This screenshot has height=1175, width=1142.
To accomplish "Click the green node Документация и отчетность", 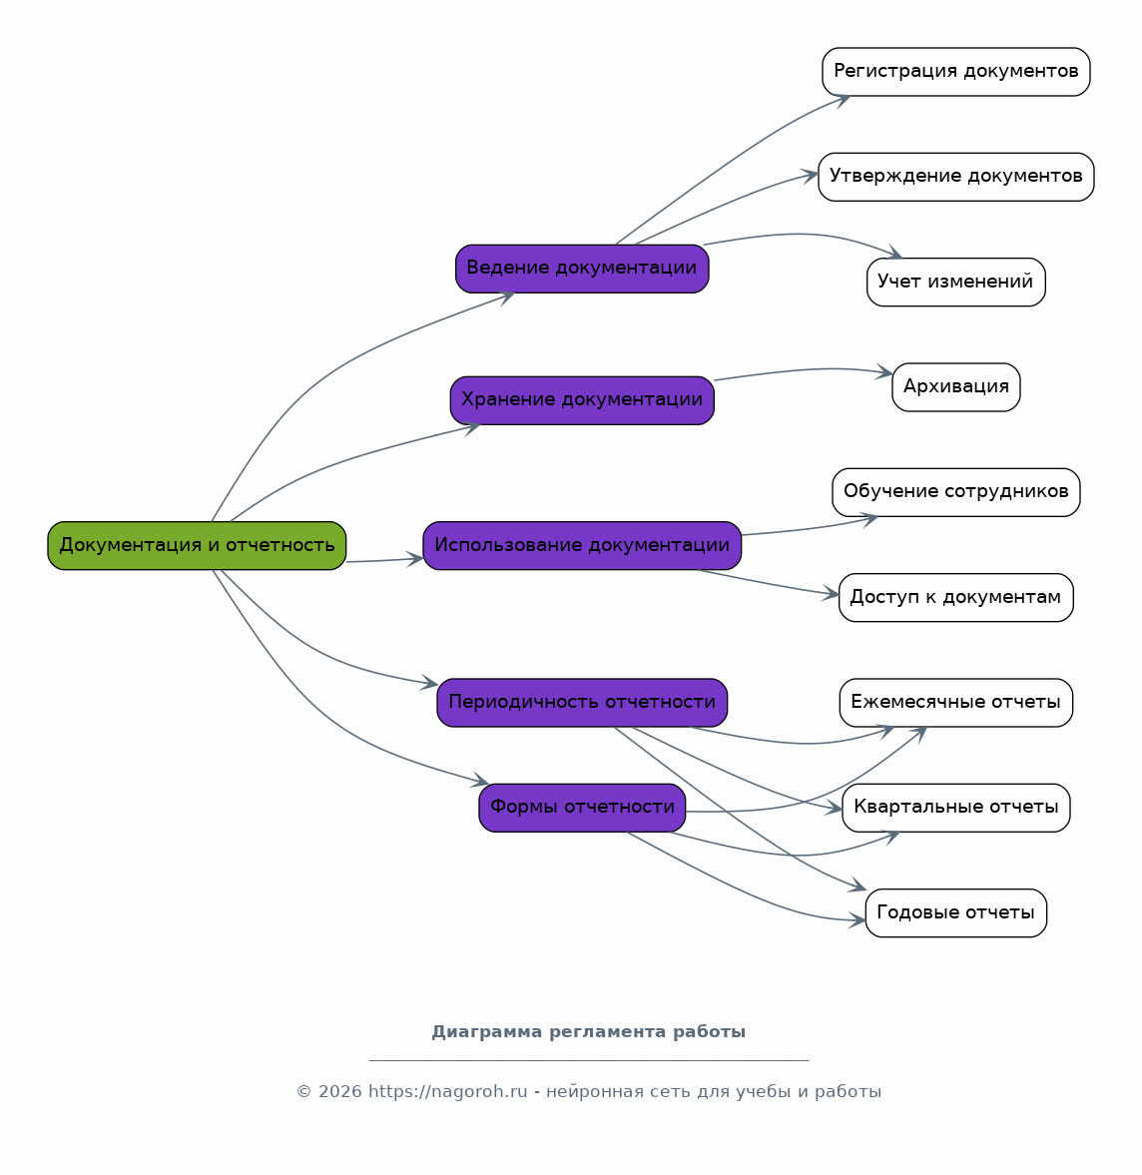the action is pos(197,545).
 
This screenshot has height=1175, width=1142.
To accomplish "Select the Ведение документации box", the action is pos(582,269).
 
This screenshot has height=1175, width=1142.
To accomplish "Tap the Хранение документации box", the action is pos(582,400).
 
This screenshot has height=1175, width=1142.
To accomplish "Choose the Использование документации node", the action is pos(582,545).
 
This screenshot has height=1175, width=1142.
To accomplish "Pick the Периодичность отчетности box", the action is pos(582,702).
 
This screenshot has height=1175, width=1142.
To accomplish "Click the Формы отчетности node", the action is pos(582,807).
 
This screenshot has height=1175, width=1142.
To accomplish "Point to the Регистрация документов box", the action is pos(956,71).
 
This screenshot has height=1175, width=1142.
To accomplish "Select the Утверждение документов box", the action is pos(956,177).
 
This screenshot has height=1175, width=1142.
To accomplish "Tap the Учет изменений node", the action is pos(956,282).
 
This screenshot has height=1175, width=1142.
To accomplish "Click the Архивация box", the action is pos(956,386).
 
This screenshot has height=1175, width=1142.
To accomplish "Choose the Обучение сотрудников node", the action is pos(956,492).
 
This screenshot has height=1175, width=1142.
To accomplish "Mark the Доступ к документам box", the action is pos(956,597).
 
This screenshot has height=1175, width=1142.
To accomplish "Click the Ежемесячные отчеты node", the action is pos(956,702).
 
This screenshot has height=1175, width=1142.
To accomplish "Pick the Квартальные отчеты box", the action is pos(956,807).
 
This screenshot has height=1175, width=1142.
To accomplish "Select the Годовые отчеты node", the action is pos(956,912).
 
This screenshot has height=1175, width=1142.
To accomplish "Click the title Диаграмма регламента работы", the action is pos(588,1032).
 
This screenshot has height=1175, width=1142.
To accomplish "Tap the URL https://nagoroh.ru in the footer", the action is pos(448,1092).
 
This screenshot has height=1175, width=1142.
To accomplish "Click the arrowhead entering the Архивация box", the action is pos(885,371).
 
